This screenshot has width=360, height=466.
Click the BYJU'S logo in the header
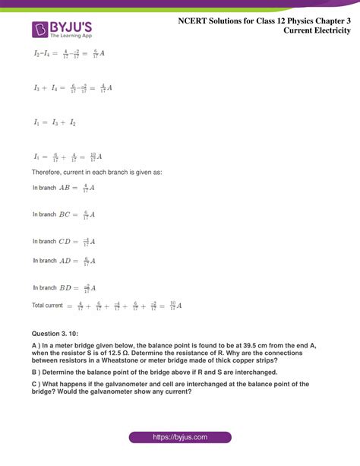point(62,30)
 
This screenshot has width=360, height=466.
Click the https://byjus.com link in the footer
point(179,438)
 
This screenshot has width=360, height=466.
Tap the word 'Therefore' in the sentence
point(49,173)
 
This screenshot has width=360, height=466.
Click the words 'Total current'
point(47,306)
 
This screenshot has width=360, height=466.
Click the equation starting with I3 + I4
point(73,87)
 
